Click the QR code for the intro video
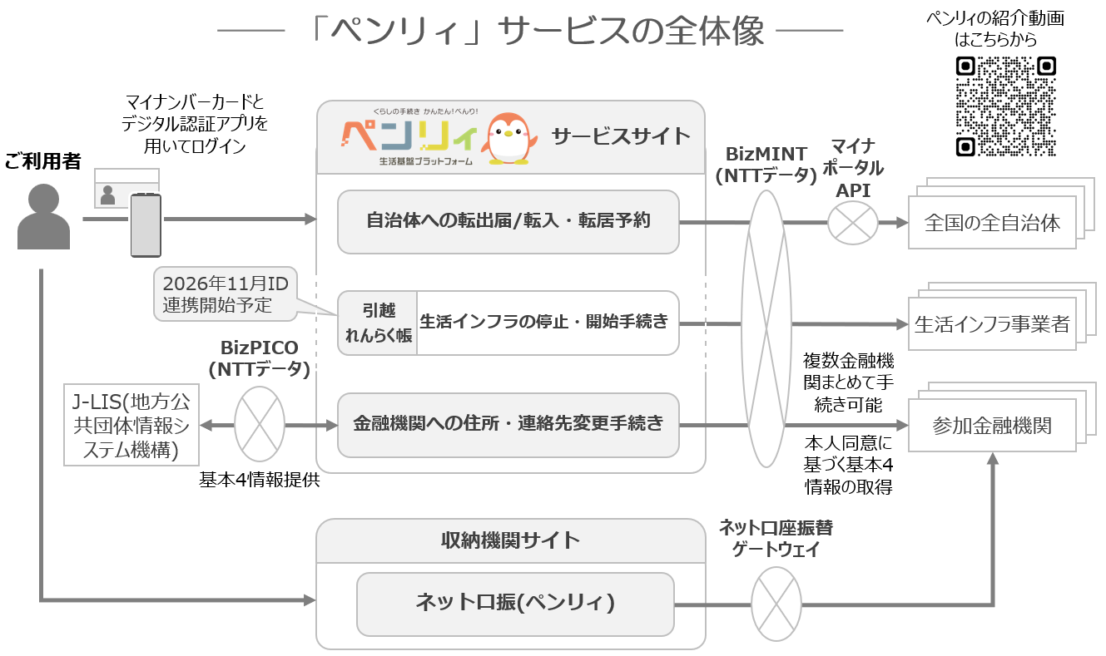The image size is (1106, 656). (x=1005, y=106)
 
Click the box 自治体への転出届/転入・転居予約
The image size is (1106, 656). (x=508, y=221)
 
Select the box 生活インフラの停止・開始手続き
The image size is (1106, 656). (x=548, y=323)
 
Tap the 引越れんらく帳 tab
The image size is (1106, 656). (x=378, y=323)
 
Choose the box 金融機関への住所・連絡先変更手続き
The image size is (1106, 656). (x=508, y=424)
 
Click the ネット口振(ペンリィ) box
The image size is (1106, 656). (x=515, y=603)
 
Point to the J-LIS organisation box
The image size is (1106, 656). (x=131, y=425)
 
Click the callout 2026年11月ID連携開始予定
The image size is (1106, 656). (x=226, y=294)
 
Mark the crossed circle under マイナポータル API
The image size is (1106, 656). (x=853, y=223)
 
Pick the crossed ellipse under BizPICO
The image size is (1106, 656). (x=260, y=424)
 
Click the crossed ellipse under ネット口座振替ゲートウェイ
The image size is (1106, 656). (x=776, y=603)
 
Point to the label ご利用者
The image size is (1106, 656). (x=43, y=161)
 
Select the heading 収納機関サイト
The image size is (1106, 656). (x=510, y=540)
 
